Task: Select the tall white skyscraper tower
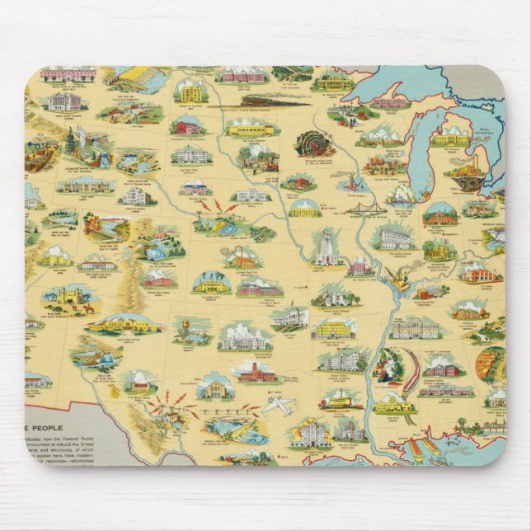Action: pyautogui.click(x=325, y=245)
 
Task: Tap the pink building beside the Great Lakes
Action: pyautogui.click(x=389, y=102)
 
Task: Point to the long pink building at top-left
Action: pyautogui.click(x=68, y=74)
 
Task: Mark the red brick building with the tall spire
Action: pyautogui.click(x=256, y=371)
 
